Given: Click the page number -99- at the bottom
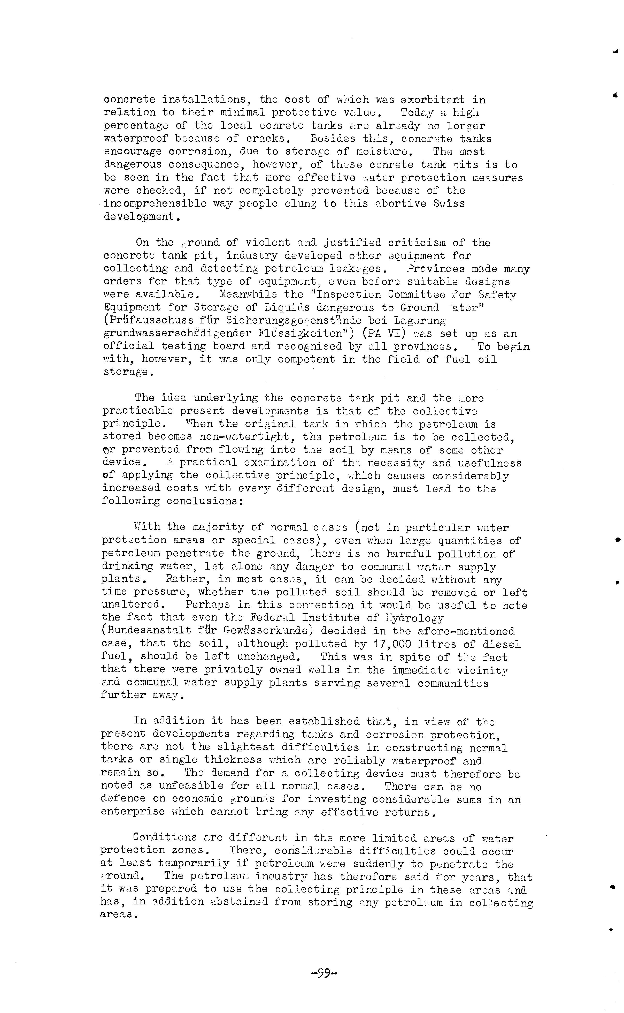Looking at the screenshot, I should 324,973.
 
